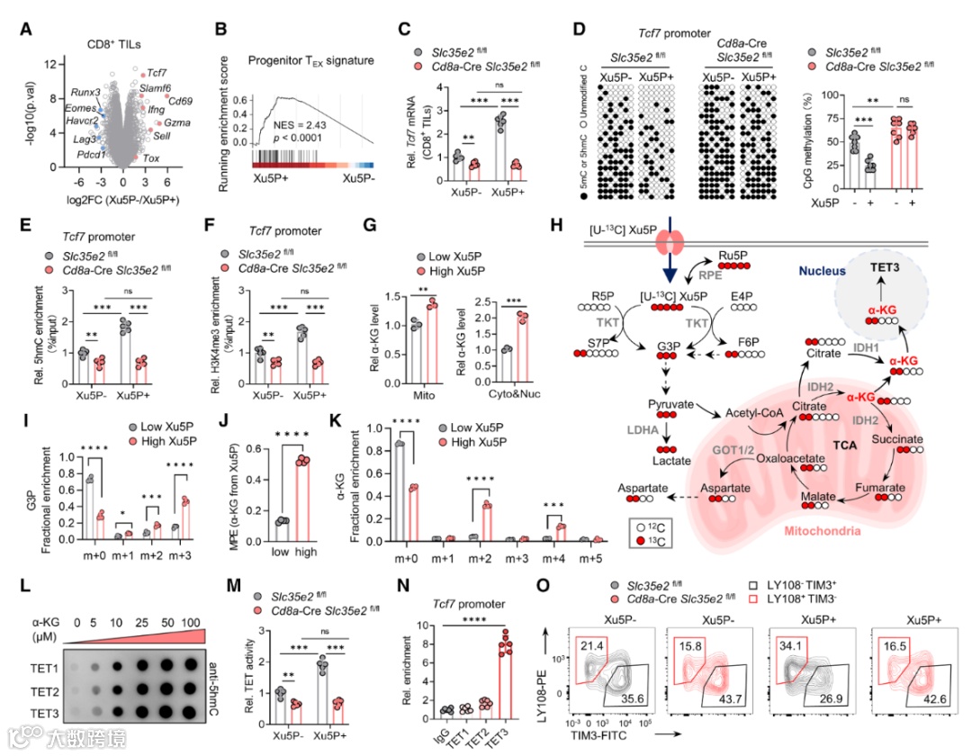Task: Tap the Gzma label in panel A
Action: pyautogui.click(x=175, y=121)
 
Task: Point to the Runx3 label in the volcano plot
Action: pyautogui.click(x=86, y=93)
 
